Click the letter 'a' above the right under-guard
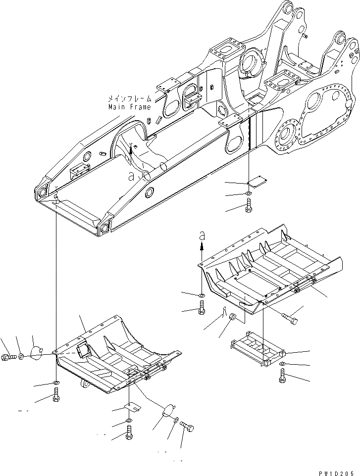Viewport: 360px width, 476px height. [x=202, y=236]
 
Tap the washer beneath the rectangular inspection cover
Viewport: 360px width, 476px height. [x=282, y=365]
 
